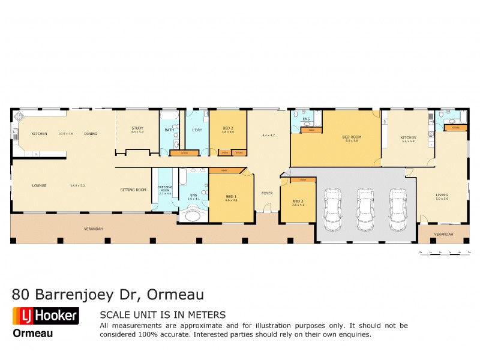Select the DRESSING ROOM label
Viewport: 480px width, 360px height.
pos(164,188)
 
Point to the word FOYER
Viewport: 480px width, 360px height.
pos(267,193)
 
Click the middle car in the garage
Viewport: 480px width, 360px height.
pos(365,208)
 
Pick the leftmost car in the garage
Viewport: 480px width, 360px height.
pos(332,208)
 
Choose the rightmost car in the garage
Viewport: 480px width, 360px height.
pos(397,208)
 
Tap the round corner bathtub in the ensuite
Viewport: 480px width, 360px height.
pos(193,214)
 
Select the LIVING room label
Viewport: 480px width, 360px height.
pos(442,194)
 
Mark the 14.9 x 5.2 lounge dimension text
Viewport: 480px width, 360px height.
pos(78,185)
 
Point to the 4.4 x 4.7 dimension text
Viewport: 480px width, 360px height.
pos(268,136)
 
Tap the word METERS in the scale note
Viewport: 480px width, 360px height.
pos(206,314)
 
